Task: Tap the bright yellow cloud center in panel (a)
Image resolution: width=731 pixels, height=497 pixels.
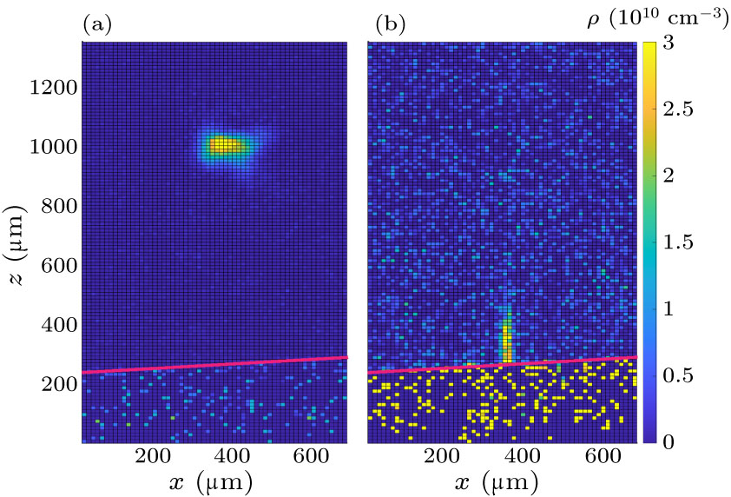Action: coord(225,145)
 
